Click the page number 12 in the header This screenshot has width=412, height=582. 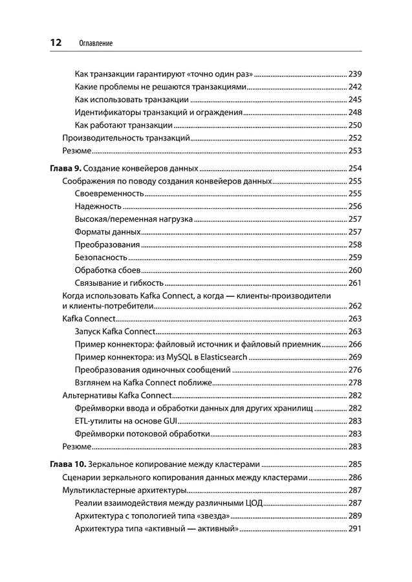click(55, 43)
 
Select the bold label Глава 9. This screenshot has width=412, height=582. click(65, 169)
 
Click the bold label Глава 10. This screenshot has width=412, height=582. click(67, 464)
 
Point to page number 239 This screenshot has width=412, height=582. click(354, 74)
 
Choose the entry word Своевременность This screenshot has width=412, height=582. click(109, 193)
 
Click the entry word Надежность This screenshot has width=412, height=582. click(98, 206)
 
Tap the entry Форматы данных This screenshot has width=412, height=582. click(107, 232)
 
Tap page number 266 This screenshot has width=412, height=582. click(354, 345)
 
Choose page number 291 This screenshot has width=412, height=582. click(354, 529)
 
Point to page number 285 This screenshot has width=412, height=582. click(354, 464)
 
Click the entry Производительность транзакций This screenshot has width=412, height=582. click(125, 138)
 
